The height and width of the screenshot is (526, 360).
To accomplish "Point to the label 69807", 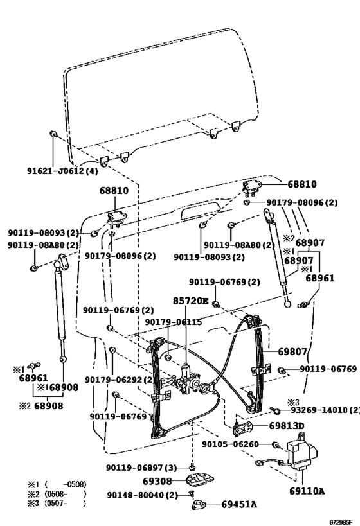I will point(294,352).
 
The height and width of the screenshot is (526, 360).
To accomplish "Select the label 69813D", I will point(286,426).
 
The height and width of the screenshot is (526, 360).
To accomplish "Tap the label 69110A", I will point(302,491).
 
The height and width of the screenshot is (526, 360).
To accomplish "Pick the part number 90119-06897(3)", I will point(141,467).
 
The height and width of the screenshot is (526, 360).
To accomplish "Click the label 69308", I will point(158,480).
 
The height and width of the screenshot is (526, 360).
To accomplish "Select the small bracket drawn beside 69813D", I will point(244,426).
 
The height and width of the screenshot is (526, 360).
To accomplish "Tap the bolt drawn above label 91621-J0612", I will point(54,134).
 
